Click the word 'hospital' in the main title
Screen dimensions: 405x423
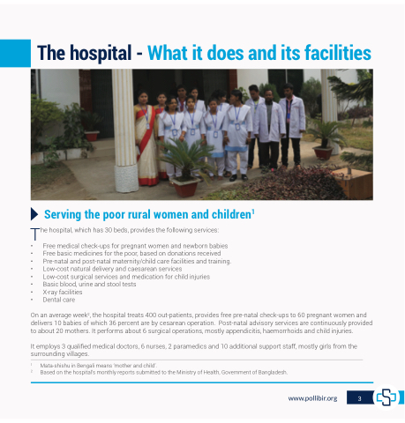tap(101, 54)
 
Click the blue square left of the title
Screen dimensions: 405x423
tap(15, 53)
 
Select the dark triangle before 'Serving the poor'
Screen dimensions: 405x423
tap(34, 214)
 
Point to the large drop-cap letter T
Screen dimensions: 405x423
tap(35, 234)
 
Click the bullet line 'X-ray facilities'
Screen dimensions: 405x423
tap(63, 292)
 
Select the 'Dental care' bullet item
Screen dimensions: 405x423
tap(59, 300)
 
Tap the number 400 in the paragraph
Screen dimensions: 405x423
tap(151, 315)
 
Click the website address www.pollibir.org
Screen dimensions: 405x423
tap(312, 398)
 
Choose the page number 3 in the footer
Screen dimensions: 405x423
tap(359, 398)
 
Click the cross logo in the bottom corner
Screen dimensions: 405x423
tap(386, 397)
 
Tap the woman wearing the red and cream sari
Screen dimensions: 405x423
tap(146, 138)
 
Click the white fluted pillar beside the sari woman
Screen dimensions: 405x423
tap(125, 130)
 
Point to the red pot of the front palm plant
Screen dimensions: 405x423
tap(186, 187)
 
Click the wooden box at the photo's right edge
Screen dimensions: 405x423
tap(355, 182)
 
